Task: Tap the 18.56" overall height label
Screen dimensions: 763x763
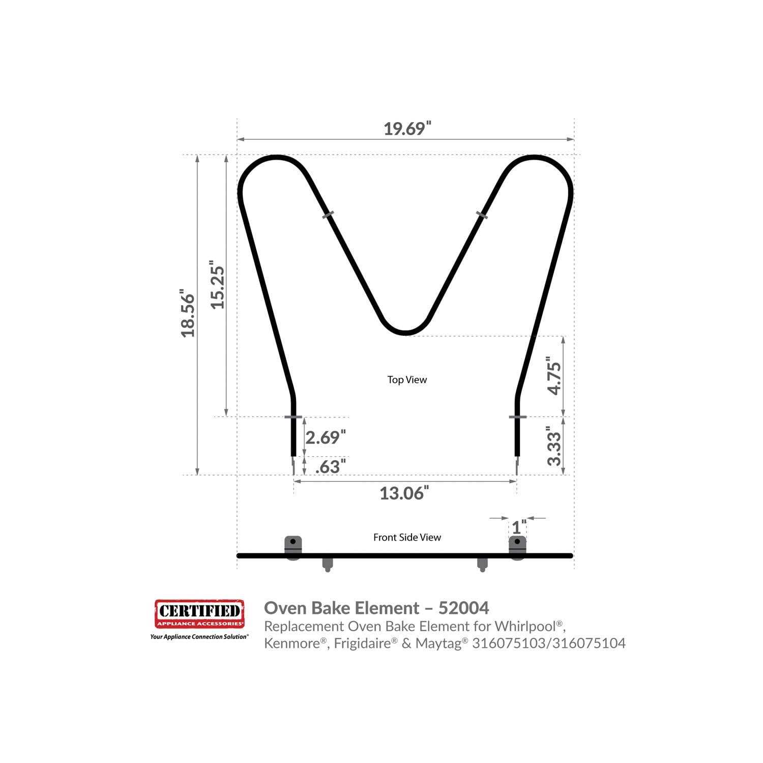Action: tap(188, 313)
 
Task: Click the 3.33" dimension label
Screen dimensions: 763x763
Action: tap(554, 446)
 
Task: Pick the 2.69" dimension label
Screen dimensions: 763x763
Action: tap(326, 437)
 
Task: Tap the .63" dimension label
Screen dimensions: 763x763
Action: tap(331, 466)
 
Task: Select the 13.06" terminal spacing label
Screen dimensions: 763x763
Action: tap(404, 493)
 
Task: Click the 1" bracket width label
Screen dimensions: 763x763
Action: tap(519, 527)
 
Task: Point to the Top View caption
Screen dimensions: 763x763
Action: tap(407, 379)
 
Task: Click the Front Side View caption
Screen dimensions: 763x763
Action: tap(407, 537)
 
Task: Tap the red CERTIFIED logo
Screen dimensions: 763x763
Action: tap(199, 614)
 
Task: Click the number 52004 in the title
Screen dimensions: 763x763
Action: tap(463, 607)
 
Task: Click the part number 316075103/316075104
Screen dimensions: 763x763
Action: tap(548, 643)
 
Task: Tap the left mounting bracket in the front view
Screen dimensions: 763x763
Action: tap(292, 546)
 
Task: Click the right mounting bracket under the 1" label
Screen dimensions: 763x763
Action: tap(517, 546)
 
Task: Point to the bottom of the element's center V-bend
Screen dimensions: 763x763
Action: tap(405, 333)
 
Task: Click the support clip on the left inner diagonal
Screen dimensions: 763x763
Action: tap(328, 215)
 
